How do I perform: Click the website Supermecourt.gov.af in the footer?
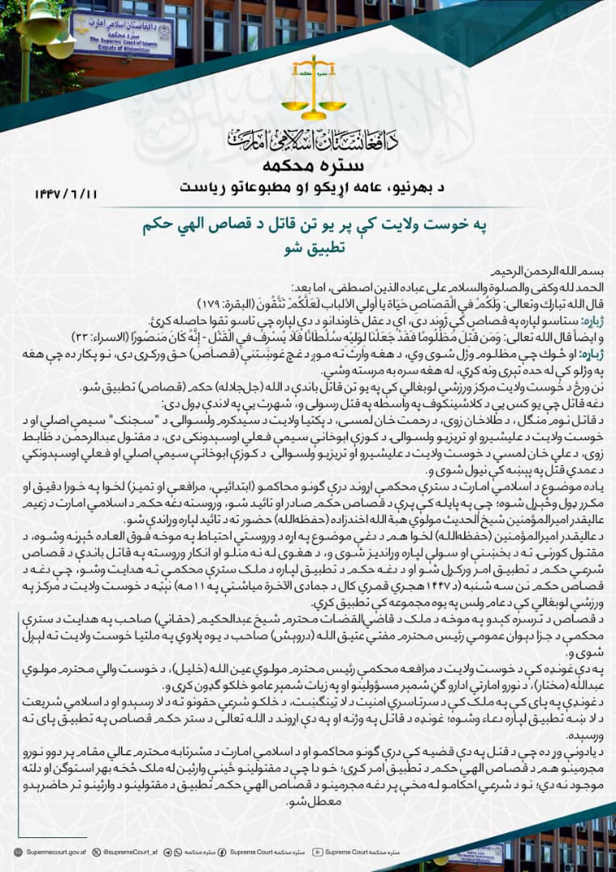point(56,852)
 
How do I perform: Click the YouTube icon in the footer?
point(318,852)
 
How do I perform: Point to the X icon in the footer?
point(97,852)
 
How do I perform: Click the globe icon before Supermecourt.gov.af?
point(18,852)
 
